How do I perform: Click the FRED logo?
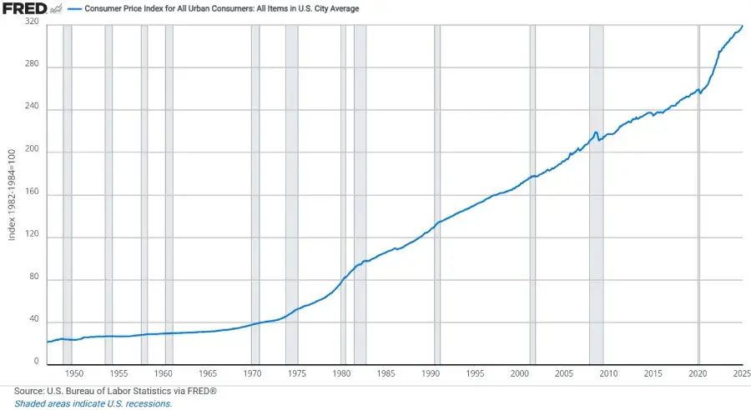coord(23,9)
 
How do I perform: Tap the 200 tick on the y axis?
coord(33,152)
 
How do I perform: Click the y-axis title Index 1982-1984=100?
coord(12,194)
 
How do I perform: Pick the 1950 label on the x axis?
coord(73,373)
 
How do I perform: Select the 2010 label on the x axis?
coord(609,373)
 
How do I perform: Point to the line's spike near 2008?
coord(595,132)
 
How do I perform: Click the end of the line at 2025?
coord(742,26)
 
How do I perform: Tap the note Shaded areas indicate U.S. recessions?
coord(93,403)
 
